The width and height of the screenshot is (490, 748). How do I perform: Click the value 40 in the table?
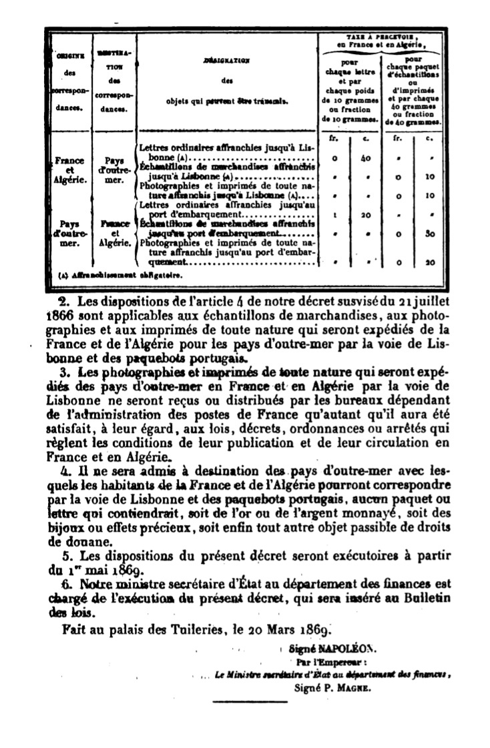[x=365, y=159]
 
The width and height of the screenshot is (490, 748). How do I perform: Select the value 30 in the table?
[x=430, y=234]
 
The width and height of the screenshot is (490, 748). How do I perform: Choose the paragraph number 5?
[x=65, y=555]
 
